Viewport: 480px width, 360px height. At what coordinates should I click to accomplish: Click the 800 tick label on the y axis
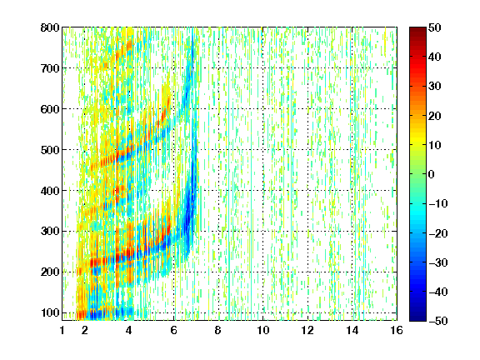pyautogui.click(x=50, y=27)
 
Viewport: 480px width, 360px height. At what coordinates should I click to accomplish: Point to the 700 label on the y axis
pyautogui.click(x=50, y=68)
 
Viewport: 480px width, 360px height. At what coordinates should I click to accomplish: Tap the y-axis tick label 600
pyautogui.click(x=50, y=109)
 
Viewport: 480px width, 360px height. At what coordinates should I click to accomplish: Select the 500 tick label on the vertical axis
pyautogui.click(x=50, y=150)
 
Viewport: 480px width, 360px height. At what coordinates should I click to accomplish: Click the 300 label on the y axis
pyautogui.click(x=50, y=231)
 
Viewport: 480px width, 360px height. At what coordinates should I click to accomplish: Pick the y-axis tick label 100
pyautogui.click(x=50, y=312)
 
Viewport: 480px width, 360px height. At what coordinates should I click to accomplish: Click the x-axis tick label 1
pyautogui.click(x=62, y=330)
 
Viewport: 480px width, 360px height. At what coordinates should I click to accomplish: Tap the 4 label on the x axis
pyautogui.click(x=129, y=330)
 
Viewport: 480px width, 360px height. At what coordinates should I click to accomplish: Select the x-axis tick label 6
pyautogui.click(x=173, y=330)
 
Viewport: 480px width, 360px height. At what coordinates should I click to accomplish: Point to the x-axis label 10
pyautogui.click(x=262, y=330)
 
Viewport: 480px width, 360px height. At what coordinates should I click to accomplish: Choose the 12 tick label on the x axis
pyautogui.click(x=307, y=330)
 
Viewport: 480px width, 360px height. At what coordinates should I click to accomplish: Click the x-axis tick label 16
pyautogui.click(x=397, y=330)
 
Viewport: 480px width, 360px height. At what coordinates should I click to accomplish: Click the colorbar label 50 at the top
pyautogui.click(x=434, y=27)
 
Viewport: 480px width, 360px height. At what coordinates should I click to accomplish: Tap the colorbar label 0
pyautogui.click(x=432, y=174)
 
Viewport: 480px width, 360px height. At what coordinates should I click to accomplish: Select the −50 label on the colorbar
pyautogui.click(x=438, y=321)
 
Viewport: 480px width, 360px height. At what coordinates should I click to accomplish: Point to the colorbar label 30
pyautogui.click(x=434, y=87)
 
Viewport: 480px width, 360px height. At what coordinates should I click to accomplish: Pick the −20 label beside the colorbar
pyautogui.click(x=438, y=233)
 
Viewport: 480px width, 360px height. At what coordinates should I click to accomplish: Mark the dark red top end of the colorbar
pyautogui.click(x=417, y=29)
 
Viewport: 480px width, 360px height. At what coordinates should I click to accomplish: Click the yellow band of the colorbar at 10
pyautogui.click(x=417, y=144)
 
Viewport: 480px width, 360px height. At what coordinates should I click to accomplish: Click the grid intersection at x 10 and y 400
pyautogui.click(x=262, y=190)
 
